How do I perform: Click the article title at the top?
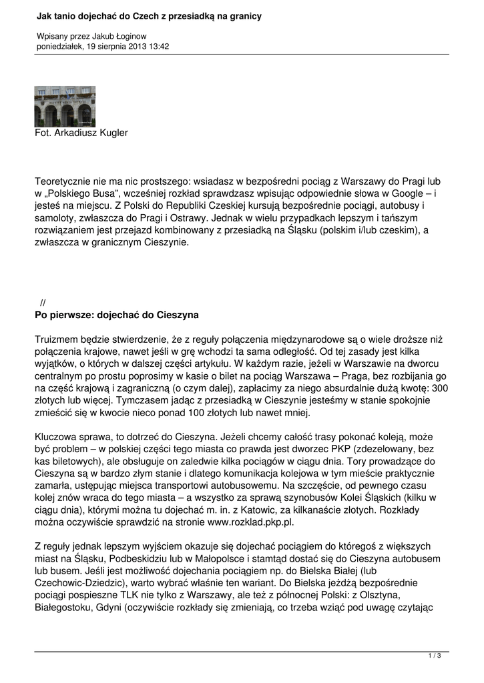(149, 15)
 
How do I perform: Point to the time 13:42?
(158, 47)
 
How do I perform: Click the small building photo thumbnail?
(65, 107)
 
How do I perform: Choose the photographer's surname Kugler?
(111, 133)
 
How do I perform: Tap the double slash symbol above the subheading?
(43, 302)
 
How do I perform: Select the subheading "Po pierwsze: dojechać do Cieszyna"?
(116, 314)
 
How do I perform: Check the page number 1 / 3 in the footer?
(435, 657)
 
